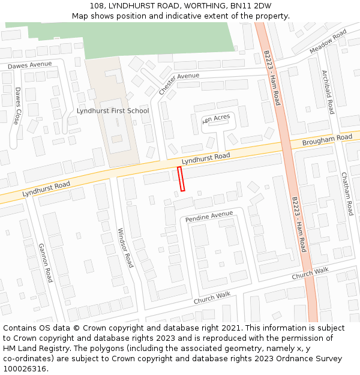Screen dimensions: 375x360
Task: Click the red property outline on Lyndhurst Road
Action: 182,179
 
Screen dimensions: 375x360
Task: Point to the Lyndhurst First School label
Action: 113,111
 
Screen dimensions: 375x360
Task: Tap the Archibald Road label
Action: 328,92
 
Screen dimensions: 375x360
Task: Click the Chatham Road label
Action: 347,194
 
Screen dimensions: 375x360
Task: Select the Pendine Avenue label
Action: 209,215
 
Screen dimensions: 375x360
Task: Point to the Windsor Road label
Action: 125,247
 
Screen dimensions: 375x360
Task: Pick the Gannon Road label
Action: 46,263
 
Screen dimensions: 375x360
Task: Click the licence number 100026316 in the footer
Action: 25,369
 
